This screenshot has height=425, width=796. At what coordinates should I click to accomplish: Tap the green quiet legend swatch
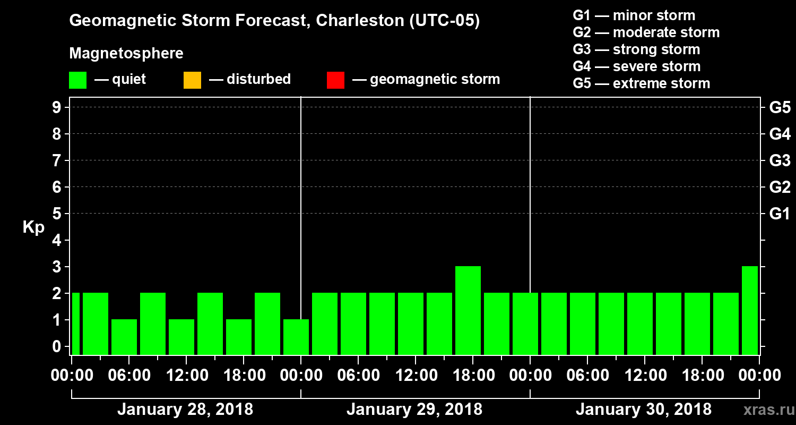[x=77, y=80]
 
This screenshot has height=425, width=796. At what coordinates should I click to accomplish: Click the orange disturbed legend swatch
[x=192, y=80]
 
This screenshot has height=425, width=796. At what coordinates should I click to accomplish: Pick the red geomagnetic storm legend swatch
[x=335, y=80]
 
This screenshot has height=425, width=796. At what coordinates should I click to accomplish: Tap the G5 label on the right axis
[x=780, y=108]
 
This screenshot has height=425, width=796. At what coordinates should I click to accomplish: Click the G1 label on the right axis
[x=780, y=214]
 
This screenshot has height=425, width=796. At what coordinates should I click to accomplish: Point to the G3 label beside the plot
[x=780, y=161]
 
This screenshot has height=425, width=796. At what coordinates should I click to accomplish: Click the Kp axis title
[x=33, y=228]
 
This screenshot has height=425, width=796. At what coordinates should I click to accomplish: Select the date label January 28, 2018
[x=185, y=410]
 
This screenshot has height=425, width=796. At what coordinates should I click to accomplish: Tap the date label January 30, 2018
[x=643, y=410]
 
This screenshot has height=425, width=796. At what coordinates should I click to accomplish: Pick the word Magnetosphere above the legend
[x=126, y=54]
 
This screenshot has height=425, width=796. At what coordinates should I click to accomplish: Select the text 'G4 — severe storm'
[x=637, y=66]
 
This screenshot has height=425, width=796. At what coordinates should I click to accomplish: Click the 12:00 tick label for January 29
[x=415, y=375]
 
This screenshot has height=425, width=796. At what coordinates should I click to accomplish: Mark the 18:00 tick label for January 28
[x=243, y=375]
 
